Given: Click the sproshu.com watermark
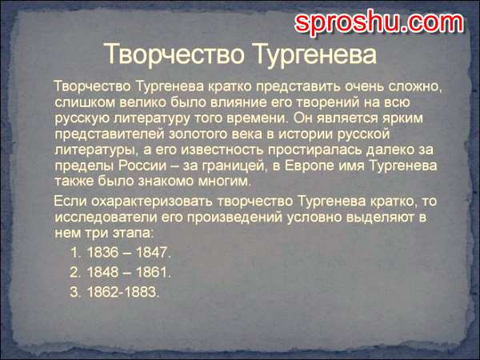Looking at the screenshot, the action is click(x=379, y=22).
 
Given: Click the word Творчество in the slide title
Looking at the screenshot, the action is click(x=174, y=54).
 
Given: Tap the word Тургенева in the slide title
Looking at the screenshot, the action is click(x=315, y=55).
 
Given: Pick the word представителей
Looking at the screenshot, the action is click(x=110, y=134).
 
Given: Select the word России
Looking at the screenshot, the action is click(x=142, y=166).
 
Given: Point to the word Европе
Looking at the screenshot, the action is click(x=310, y=166).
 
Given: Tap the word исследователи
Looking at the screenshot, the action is click(x=106, y=218).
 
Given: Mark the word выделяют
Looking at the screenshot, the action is click(x=379, y=218).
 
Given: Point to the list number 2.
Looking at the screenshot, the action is click(x=74, y=272).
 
